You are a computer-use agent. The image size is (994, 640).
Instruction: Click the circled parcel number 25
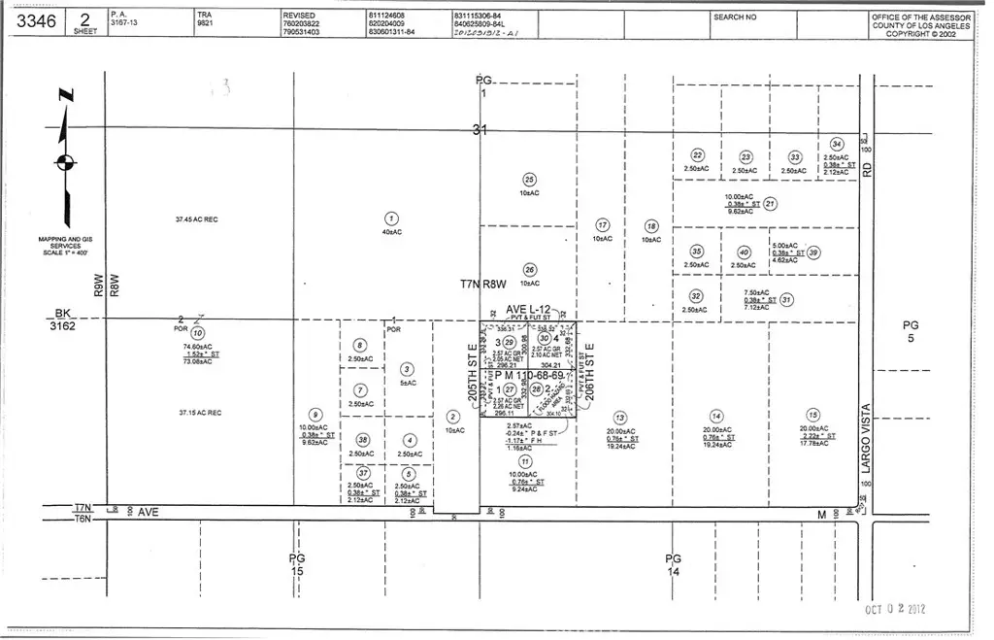(529, 179)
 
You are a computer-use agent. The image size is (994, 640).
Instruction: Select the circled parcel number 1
(391, 219)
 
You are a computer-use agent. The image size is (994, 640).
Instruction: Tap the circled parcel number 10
(198, 333)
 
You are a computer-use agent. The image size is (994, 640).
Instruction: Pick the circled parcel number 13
(619, 416)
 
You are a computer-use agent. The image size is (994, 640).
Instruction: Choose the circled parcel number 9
(315, 414)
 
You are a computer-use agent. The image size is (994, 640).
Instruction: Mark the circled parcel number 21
(770, 204)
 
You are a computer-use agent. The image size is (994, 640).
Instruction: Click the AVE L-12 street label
(528, 309)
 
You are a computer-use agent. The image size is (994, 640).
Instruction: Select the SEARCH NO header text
(735, 17)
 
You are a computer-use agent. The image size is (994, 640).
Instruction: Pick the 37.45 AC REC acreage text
(196, 219)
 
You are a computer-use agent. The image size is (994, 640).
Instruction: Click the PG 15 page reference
(297, 564)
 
